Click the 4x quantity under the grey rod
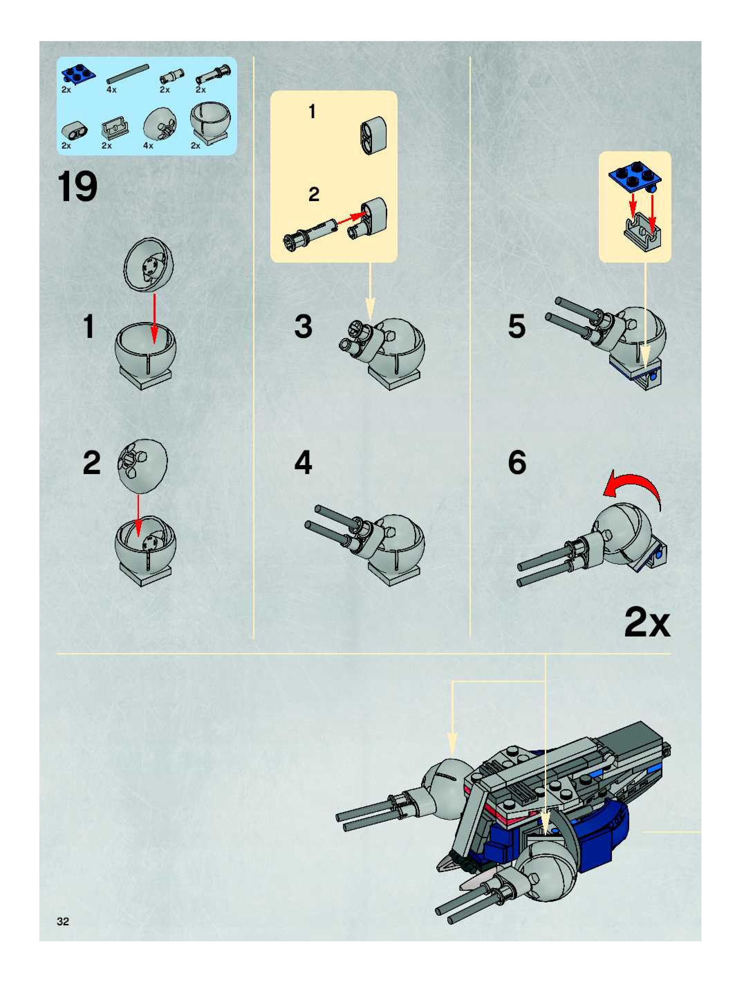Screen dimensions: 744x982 [x=111, y=90]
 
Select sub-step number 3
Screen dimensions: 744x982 [x=304, y=327]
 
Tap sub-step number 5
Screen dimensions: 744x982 [x=517, y=327]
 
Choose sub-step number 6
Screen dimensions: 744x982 [x=517, y=463]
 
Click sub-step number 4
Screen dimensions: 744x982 [x=304, y=463]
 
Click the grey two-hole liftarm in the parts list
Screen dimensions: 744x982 [x=74, y=130]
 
